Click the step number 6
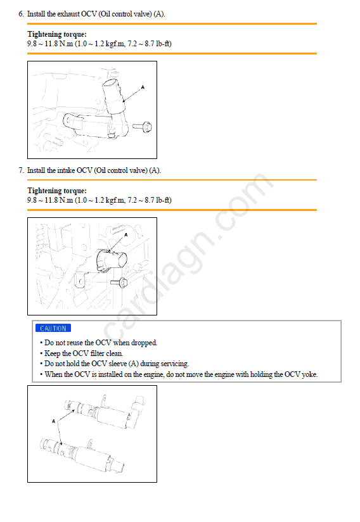point(21,14)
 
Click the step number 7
point(21,170)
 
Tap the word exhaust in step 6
point(68,14)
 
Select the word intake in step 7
point(66,170)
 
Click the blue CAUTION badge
point(53,328)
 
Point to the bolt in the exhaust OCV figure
point(143,127)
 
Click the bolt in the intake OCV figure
point(119,283)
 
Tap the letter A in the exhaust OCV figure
point(143,87)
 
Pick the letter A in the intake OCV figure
point(126,234)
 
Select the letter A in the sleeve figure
point(54,421)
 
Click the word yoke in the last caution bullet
point(309,374)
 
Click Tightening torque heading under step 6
point(57,34)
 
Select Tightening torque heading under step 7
point(57,191)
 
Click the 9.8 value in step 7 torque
point(32,200)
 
